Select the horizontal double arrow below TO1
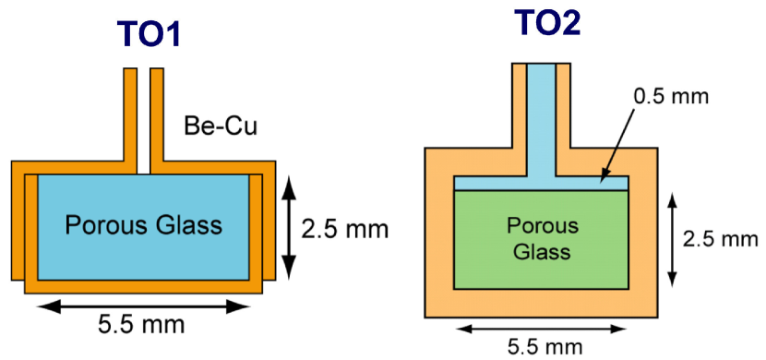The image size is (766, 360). tap(144, 303)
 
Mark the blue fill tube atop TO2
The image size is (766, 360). tap(541, 111)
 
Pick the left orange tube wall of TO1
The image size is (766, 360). tap(130, 115)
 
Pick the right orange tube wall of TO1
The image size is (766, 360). tap(157, 115)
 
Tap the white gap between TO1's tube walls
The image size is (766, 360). tap(144, 115)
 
